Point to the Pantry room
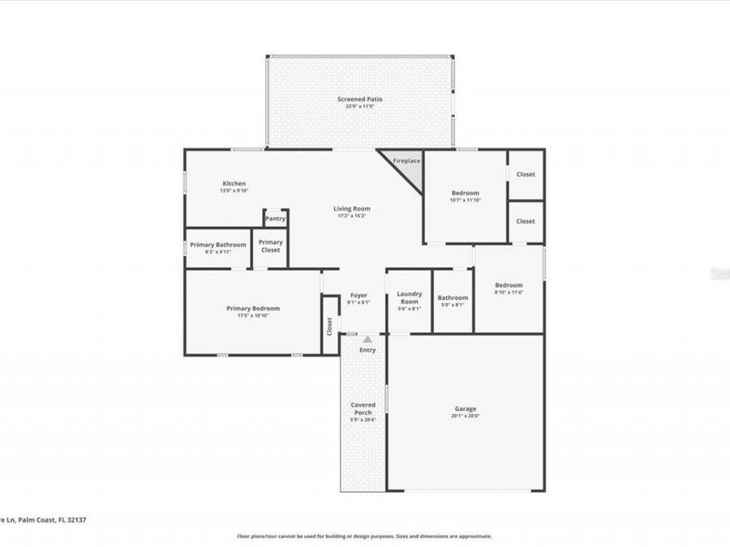(x=275, y=218)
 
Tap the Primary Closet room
(x=270, y=246)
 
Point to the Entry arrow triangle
(x=367, y=339)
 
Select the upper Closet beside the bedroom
(x=526, y=174)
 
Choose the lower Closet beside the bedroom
(x=526, y=221)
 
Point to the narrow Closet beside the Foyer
(x=329, y=326)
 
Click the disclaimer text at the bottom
(x=364, y=536)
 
